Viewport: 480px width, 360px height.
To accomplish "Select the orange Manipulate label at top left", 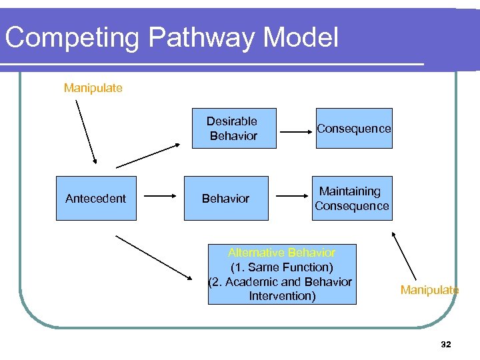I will pos(93,88).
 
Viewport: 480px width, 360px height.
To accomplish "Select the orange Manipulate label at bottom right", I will pos(429,290).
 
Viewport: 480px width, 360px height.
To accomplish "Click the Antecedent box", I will pos(96,198).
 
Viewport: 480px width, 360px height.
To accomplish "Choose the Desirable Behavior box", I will pos(233,128).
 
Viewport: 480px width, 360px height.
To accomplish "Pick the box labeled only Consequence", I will pos(354,128).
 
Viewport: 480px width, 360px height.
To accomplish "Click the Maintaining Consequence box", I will pos(352,198).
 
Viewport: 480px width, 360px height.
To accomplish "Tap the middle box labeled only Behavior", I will pos(226,198).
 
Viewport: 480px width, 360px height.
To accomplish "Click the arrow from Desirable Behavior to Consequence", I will pos(296,130).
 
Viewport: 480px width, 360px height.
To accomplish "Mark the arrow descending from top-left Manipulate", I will pos(86,132).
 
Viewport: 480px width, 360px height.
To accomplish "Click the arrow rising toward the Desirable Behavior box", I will pos(147,155).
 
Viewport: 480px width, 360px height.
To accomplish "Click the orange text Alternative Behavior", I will pos(281,253).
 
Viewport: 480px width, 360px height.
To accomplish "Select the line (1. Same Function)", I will pos(281,267).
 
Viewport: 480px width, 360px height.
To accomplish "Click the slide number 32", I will pos(446,344).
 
